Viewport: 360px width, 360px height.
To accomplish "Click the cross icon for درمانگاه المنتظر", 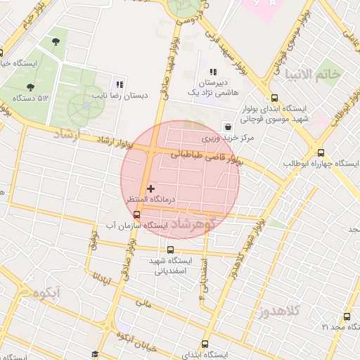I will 150,188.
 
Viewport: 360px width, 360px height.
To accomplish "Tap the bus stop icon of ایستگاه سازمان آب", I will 136,215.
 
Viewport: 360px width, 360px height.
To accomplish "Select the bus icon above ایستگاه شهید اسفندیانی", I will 170,250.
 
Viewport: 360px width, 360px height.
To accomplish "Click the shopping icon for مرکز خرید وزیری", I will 228,127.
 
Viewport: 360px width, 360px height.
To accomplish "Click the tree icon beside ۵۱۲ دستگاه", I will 30,86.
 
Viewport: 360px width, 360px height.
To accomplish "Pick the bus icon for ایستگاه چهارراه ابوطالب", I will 321,153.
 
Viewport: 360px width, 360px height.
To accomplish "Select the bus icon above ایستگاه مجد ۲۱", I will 345,316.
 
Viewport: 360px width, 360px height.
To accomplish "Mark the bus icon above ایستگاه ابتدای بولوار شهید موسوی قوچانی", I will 274,98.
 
